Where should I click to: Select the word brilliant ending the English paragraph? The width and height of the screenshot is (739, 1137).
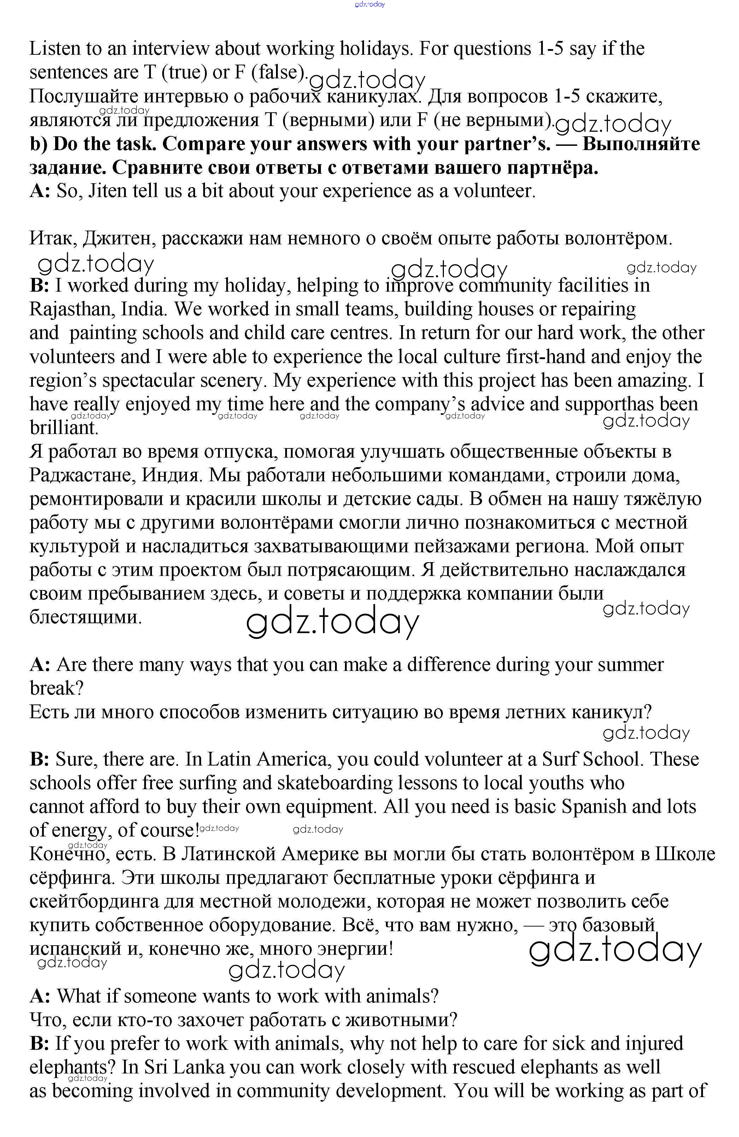coord(64,428)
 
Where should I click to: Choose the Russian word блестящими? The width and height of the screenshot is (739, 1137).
coord(86,617)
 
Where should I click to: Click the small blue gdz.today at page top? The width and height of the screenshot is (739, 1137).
coord(370,4)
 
